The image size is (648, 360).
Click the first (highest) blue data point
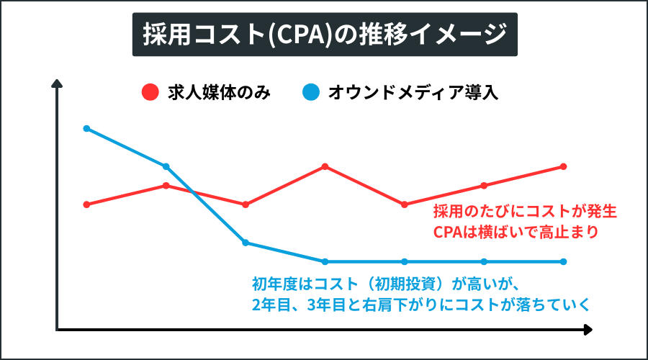pos(86,129)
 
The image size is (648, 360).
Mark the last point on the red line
pos(563,166)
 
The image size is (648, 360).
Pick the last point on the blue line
pos(563,261)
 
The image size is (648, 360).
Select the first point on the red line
pos(86,204)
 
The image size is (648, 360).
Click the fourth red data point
pos(325,166)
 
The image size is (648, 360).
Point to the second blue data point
pos(166,166)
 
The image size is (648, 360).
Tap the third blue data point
pos(246,243)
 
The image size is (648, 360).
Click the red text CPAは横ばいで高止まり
pos(516,233)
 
